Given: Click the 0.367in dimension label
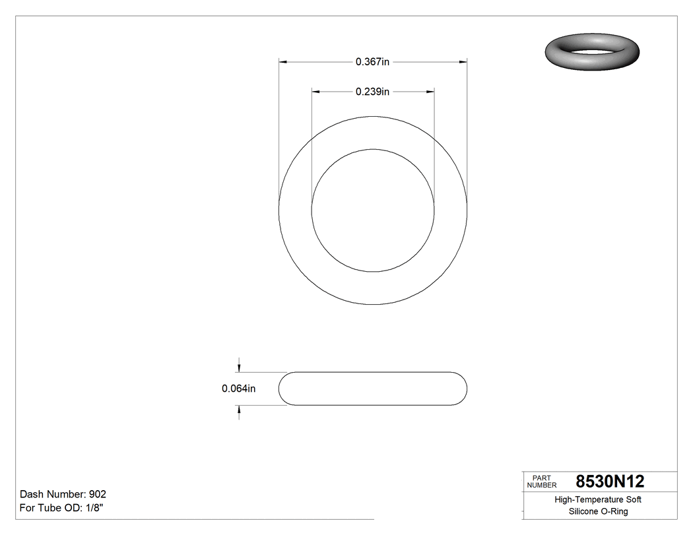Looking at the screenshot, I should [372, 62].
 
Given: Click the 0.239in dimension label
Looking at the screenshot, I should [372, 92].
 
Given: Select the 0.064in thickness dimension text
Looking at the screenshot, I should [238, 389].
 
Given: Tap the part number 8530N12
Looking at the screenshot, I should [610, 482].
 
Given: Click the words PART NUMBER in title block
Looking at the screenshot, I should [542, 482].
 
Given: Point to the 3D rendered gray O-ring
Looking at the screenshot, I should [592, 50].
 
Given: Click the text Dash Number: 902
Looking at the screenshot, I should [63, 494].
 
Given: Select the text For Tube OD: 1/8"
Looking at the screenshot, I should [61, 508].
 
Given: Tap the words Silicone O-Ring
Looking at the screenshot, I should [598, 511].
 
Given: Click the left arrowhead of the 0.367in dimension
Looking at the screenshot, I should [282, 62].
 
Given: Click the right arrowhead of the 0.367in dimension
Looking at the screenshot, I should [463, 62].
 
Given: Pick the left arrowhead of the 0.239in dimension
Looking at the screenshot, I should [315, 92].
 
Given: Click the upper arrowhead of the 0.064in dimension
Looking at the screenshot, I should [239, 368].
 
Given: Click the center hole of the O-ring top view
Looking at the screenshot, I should [373, 210].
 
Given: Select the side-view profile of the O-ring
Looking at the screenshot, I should [373, 389].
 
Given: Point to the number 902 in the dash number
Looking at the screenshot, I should [98, 494].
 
